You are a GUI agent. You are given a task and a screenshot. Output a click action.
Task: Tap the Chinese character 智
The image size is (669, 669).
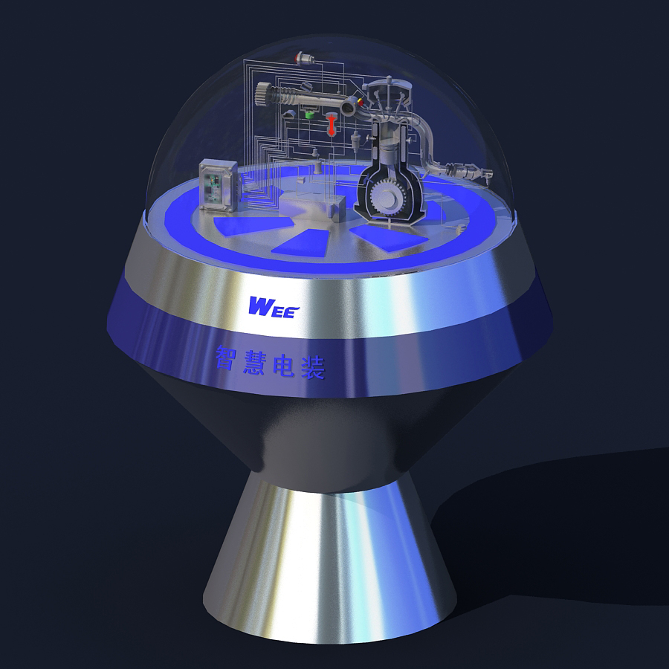coord(227,357)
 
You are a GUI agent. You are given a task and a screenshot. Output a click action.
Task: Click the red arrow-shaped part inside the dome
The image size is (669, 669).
coord(331,124)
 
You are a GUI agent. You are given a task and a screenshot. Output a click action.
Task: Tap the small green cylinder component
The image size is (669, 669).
coord(309,114)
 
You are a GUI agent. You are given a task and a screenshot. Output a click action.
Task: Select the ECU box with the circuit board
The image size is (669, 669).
coord(218,185)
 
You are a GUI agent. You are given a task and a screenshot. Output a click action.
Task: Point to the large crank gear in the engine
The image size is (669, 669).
coord(386,195)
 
